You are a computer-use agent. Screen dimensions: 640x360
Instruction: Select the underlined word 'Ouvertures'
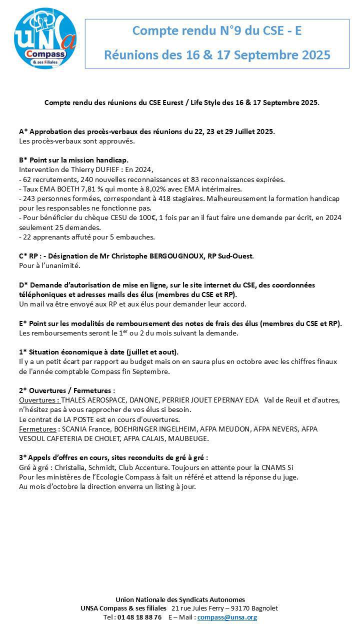pyautogui.click(x=38, y=399)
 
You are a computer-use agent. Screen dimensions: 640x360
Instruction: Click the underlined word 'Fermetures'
pyautogui.click(x=37, y=429)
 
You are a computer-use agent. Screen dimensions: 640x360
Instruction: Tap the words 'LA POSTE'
pyautogui.click(x=73, y=419)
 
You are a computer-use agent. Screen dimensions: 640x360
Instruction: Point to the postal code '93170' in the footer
pyautogui.click(x=234, y=608)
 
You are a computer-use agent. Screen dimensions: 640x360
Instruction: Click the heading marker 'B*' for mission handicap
pyautogui.click(x=23, y=160)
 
